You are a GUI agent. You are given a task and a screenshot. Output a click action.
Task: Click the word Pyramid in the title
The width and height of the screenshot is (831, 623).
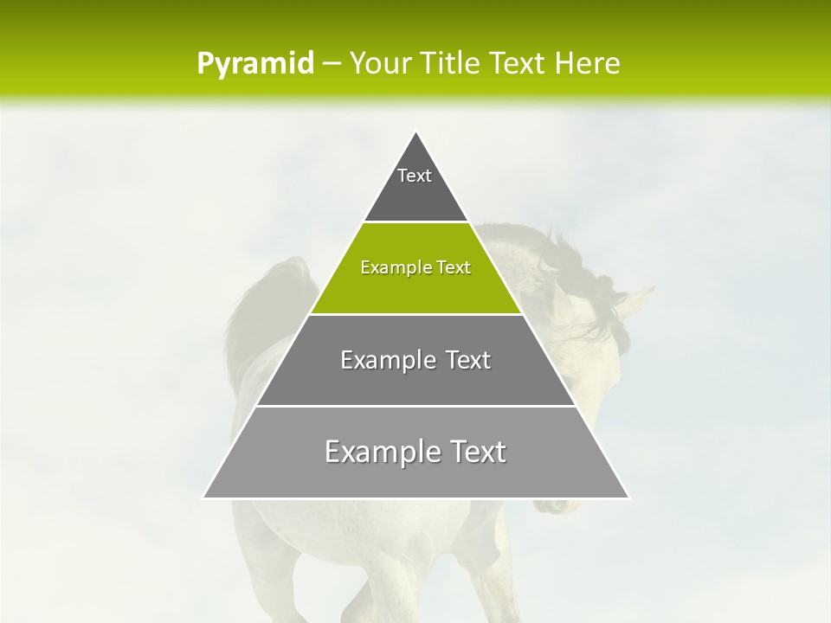(254, 64)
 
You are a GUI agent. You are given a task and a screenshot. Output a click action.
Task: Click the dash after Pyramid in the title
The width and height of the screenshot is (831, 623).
(331, 64)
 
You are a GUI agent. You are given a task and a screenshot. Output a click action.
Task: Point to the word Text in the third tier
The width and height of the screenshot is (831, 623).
(467, 360)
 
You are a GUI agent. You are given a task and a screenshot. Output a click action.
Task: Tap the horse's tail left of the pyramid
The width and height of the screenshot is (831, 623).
(251, 320)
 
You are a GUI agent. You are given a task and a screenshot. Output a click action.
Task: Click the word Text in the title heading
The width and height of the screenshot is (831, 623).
(519, 64)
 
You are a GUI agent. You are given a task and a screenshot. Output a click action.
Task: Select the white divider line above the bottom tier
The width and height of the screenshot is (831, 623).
(415, 406)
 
